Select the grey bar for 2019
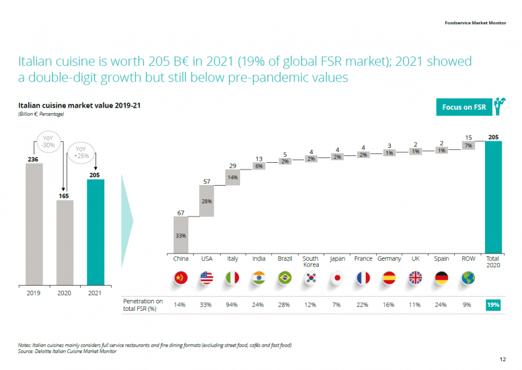coord(35,222)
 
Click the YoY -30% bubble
coord(48,143)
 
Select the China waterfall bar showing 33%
coord(181,235)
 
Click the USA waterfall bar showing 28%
coord(207,201)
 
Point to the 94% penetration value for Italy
coord(232,305)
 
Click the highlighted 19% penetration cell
coord(494,305)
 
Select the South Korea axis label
coord(310,262)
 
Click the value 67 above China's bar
coord(181,213)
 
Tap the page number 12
coord(502,359)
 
